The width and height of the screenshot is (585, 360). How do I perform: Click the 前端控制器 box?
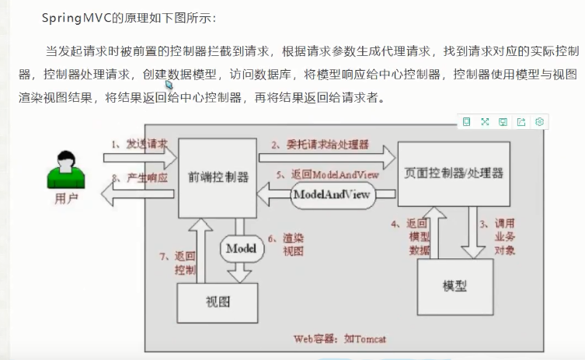point(218,177)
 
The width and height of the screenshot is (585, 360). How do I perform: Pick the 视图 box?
point(218,301)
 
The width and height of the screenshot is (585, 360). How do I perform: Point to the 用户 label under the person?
point(67,199)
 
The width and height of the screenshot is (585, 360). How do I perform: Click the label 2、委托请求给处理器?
point(319,145)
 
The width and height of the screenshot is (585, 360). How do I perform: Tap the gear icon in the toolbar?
point(540,121)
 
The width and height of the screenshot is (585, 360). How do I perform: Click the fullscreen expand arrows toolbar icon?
point(485,121)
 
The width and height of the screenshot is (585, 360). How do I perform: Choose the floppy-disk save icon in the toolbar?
point(503,121)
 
